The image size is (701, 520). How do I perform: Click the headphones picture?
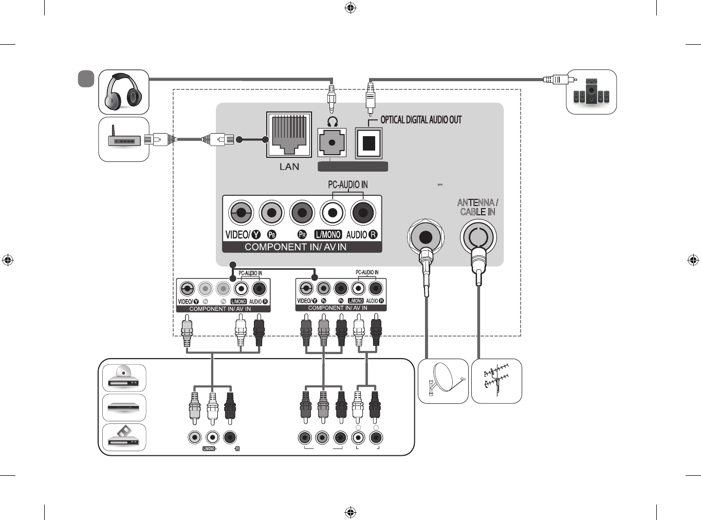pos(123,92)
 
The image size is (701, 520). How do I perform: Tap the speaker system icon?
pos(591,92)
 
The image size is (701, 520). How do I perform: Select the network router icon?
pos(124,139)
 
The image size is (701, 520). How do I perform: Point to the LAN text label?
pos(289,166)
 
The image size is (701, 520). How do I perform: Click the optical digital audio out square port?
pos(368,143)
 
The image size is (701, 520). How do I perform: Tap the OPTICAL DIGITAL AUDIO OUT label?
pos(420,120)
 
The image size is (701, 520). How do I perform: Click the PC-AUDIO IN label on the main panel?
pos(347,184)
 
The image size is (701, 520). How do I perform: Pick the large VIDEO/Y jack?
pos(241,212)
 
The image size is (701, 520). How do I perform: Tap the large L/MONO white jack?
pos(333,212)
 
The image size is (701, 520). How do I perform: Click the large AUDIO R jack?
pos(363,212)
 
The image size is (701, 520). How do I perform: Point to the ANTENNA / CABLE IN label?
pos(477,207)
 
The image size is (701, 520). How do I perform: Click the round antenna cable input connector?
pos(478,237)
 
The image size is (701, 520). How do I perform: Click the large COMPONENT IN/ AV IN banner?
pos(296,247)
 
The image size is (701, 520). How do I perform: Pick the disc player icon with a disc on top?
pos(124,378)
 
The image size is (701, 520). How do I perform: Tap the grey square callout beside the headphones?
pos(86,79)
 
